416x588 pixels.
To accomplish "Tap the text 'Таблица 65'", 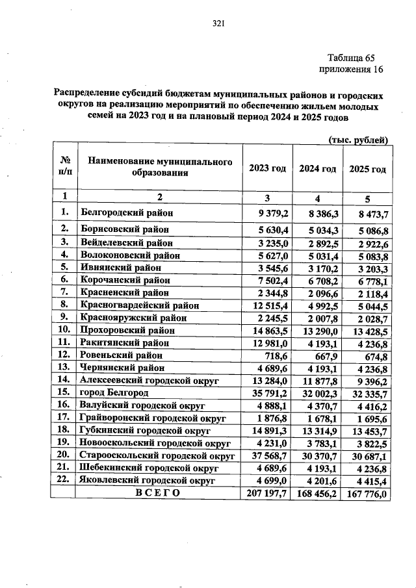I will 351,57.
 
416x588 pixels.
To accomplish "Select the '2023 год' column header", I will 267,168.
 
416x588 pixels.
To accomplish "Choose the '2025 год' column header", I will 368,169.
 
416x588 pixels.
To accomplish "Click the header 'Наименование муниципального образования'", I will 160,167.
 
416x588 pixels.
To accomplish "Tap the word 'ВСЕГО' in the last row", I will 158,493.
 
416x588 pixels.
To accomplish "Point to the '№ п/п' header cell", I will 64,167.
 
